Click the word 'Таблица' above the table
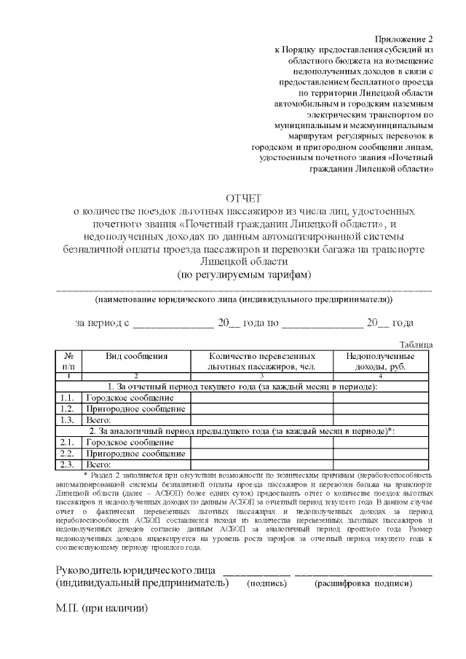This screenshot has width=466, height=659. tap(416, 344)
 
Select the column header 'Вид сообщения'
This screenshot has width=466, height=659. tap(137, 357)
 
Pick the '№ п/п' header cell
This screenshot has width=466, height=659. tap(69, 362)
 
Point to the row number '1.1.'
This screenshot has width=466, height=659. tap(68, 398)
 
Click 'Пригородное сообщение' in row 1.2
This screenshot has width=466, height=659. tap(133, 409)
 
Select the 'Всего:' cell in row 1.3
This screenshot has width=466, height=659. tap(98, 420)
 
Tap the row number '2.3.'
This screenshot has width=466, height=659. tap(68, 464)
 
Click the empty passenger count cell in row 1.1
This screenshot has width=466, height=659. tap(261, 398)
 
